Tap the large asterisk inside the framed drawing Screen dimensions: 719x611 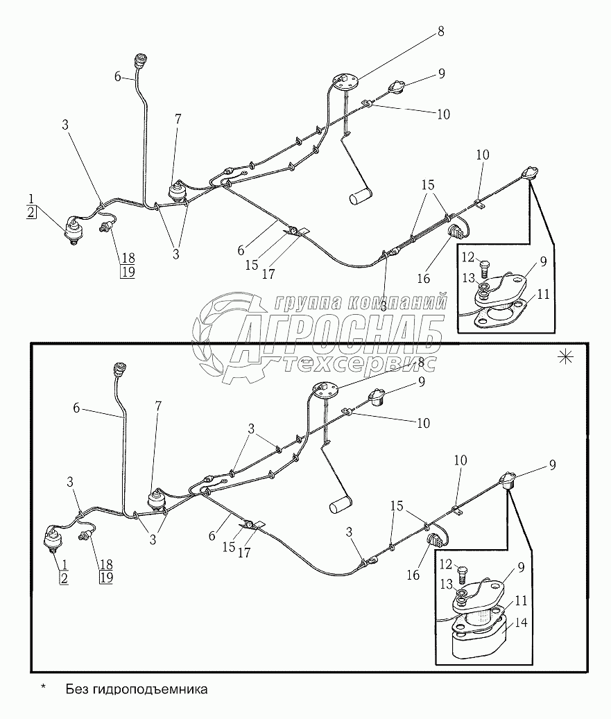tap(566, 357)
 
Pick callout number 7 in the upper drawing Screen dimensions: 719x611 tap(178, 119)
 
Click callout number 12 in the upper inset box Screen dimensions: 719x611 tap(466, 258)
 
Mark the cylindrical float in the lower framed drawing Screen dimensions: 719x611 tap(339, 505)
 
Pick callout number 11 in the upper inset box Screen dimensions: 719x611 tap(543, 294)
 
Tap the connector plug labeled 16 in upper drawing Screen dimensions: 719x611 tap(456, 230)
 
